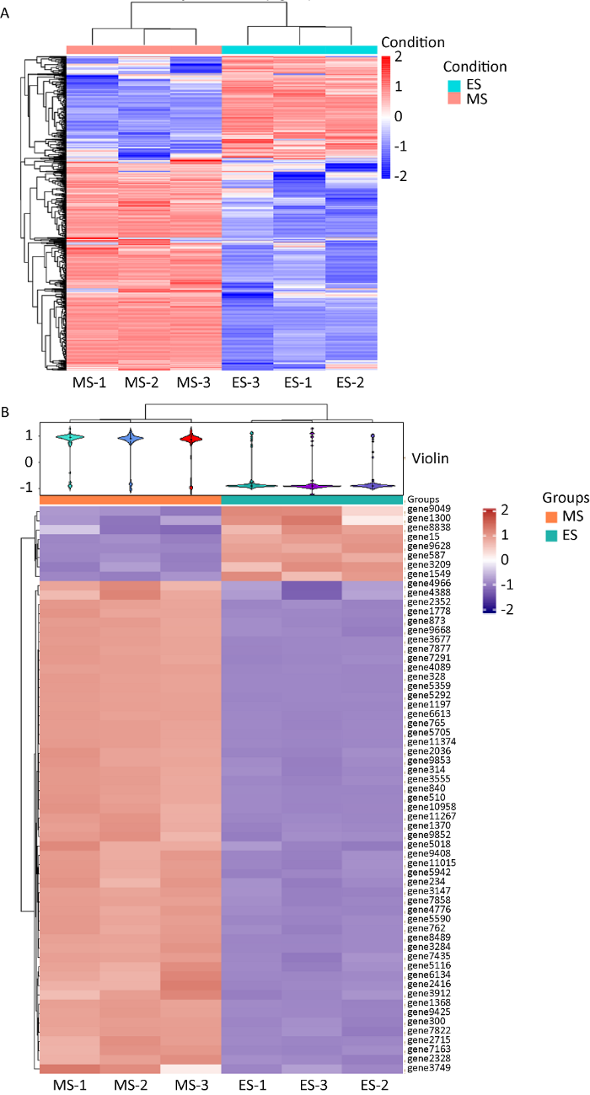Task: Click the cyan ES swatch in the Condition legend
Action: coord(452,85)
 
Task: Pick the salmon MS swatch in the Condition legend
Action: coord(452,100)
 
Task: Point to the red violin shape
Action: coord(192,439)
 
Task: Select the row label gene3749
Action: coord(424,1069)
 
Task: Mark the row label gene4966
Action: coord(424,582)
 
